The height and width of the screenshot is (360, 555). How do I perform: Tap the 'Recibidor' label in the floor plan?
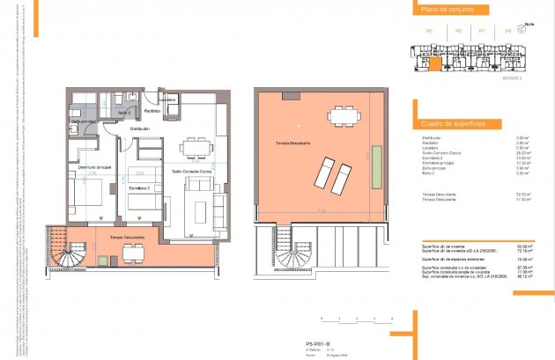(152, 112)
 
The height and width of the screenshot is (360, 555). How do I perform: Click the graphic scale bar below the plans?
(352, 318)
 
